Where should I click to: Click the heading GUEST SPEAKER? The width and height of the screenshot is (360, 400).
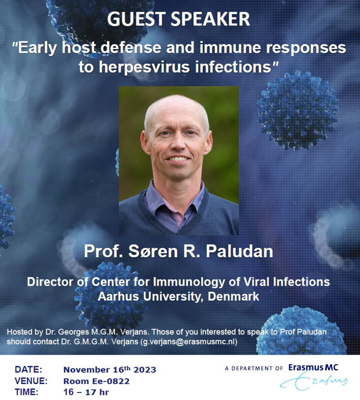[179, 19]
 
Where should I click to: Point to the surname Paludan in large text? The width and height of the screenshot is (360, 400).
[240, 251]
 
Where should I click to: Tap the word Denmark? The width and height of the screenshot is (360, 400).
[233, 296]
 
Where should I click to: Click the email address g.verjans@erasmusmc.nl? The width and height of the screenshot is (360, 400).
[189, 341]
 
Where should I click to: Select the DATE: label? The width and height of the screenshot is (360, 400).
[28, 369]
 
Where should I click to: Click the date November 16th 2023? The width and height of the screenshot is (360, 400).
[109, 369]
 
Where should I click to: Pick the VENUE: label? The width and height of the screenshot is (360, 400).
[31, 381]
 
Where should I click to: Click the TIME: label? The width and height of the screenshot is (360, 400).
[26, 392]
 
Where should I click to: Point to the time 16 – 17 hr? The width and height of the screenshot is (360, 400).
[86, 392]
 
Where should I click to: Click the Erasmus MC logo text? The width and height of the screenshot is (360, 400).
[313, 368]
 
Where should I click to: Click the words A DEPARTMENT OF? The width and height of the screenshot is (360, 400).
[254, 368]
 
